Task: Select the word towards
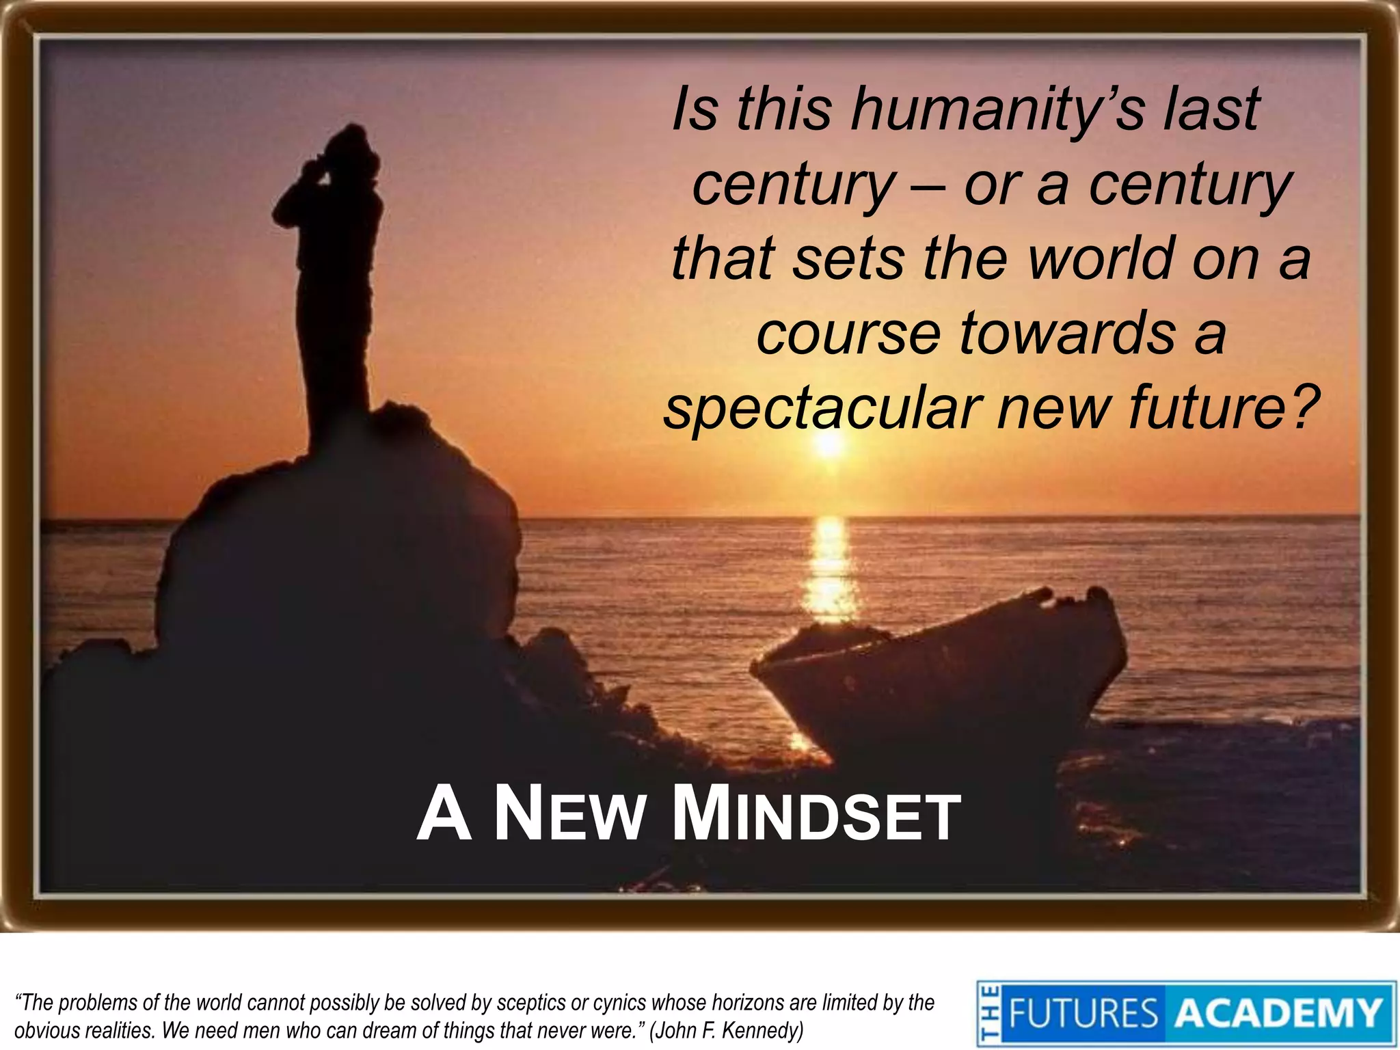tap(1068, 333)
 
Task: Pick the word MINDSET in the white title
tap(817, 816)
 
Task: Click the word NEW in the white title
tap(569, 816)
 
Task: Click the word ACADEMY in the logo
tap(1278, 1013)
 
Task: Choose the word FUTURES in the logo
tap(1083, 1013)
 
